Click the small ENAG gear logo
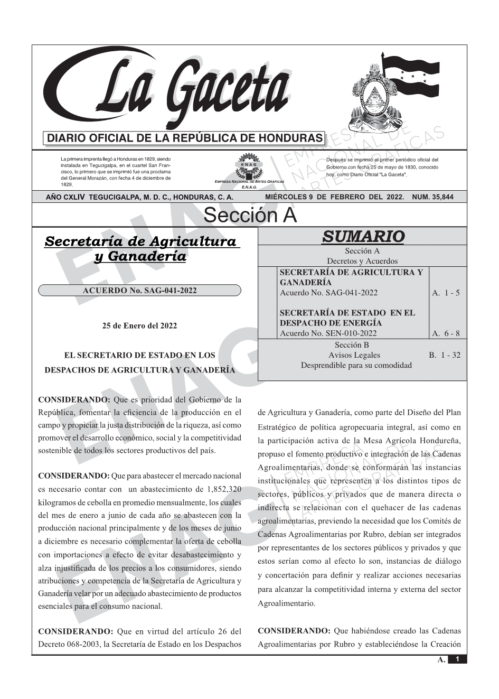pyautogui.click(x=248, y=165)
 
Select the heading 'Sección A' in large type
pyautogui.click(x=250, y=216)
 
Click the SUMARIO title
pyautogui.click(x=363, y=236)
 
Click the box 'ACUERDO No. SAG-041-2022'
pyautogui.click(x=140, y=291)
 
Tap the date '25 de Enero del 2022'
pyautogui.click(x=139, y=325)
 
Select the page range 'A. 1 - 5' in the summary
pyautogui.click(x=446, y=293)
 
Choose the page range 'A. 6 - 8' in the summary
pyautogui.click(x=446, y=333)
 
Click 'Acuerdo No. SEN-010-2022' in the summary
pyautogui.click(x=328, y=333)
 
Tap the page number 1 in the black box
pyautogui.click(x=457, y=659)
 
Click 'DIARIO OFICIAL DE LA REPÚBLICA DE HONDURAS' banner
pyautogui.click(x=185, y=138)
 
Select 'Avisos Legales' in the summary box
pyautogui.click(x=354, y=355)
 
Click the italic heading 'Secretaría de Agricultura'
pyautogui.click(x=140, y=241)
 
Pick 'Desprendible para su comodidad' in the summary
pyautogui.click(x=356, y=365)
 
